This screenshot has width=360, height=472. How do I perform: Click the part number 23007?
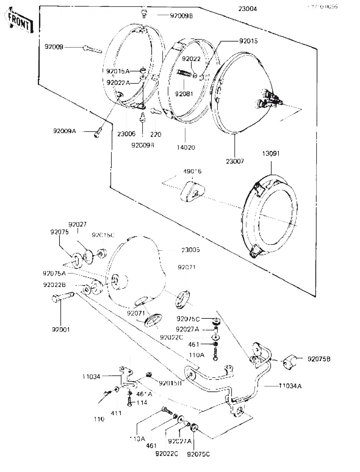(x=235, y=161)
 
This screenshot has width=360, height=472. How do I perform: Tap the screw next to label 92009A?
(x=97, y=133)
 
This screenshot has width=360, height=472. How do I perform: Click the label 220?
(x=155, y=134)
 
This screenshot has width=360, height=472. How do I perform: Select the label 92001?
(x=61, y=329)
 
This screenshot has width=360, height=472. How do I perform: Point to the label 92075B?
(x=319, y=359)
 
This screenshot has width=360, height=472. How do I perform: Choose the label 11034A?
(x=290, y=386)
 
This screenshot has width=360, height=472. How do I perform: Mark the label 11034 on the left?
(x=91, y=376)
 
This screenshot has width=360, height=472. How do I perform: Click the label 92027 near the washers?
(x=77, y=224)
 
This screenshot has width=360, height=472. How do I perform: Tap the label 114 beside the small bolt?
(x=142, y=402)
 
